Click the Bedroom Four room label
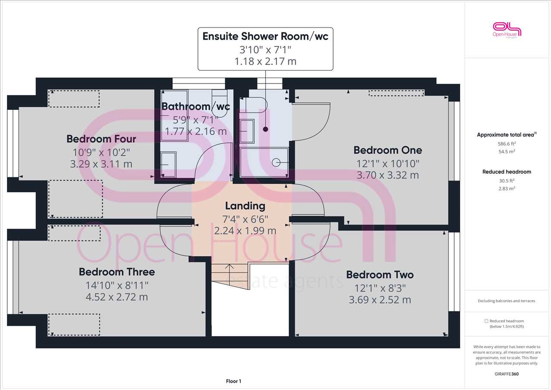pos(101,139)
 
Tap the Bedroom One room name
pos(388,150)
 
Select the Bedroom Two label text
pos(380,275)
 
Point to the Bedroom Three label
pos(117,272)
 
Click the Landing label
pos(245,206)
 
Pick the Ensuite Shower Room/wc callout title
pos(266,37)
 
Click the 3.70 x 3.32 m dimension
pos(388,175)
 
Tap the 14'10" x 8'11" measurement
pos(117,285)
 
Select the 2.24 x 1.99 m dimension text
pos(245,231)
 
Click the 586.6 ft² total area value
pos(507,144)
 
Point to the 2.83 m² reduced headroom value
pos(507,189)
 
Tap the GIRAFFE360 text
pos(507,374)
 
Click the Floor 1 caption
pos(233,381)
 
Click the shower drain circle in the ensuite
pos(276,163)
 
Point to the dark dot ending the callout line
pos(266,129)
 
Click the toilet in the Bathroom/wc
pos(220,103)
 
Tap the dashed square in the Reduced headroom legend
pos(486,321)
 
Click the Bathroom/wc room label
pos(196,106)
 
